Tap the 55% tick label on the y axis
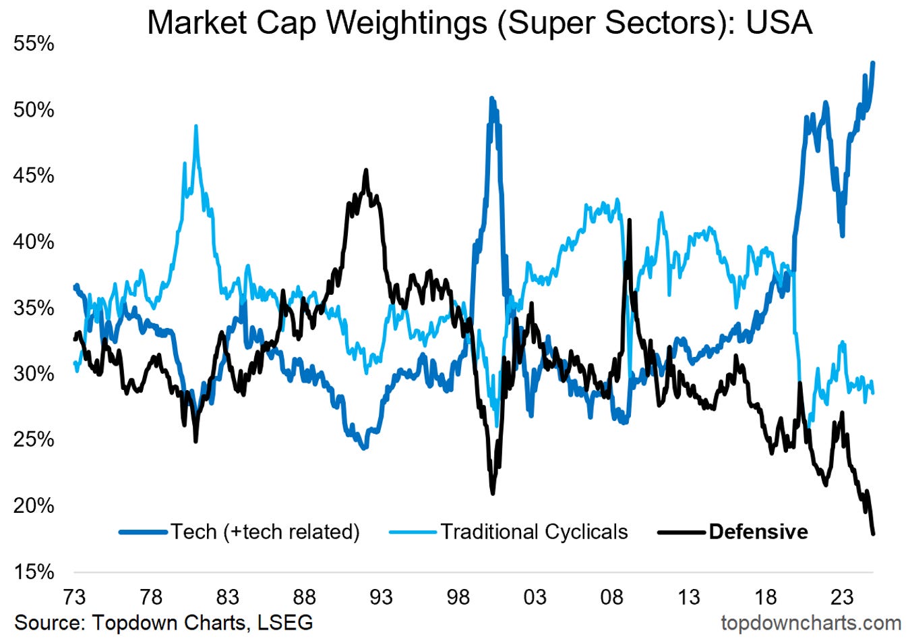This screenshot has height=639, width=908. pos(33,44)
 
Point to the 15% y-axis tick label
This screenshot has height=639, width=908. pos(33,572)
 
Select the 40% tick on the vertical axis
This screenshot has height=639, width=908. pos(33,242)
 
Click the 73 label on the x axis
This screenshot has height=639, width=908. pos(74,597)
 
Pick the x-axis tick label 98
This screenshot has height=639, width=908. pos(458,597)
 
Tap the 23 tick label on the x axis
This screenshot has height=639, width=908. pos(842,597)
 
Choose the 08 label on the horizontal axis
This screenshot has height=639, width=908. pos(612,597)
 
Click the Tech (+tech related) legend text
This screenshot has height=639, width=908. pos(265,532)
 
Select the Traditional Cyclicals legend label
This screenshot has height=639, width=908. pos(535,532)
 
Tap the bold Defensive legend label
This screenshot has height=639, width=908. pos(758,532)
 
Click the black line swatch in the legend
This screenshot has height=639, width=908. pos(682,532)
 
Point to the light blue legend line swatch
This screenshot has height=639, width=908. pos(413,532)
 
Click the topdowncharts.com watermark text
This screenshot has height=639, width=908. pos(811,623)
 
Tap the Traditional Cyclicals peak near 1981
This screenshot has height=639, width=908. pos(196,126)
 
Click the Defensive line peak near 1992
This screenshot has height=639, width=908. pos(366,170)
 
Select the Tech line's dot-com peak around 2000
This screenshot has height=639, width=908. pos(492,99)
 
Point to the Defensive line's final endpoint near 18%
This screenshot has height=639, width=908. pos(874,534)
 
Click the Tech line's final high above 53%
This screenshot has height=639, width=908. pos(873,63)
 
